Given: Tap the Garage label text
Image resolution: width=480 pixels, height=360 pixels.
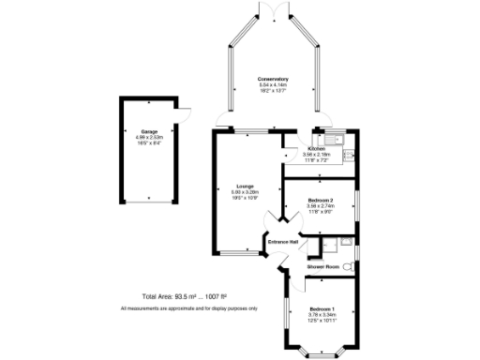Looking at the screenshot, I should tap(149, 131).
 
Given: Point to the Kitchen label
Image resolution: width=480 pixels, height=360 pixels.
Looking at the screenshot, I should tap(316, 148).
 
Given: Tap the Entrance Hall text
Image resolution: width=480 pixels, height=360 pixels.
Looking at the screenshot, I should tap(283, 242).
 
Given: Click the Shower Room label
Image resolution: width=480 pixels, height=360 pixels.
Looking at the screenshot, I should tap(322, 266).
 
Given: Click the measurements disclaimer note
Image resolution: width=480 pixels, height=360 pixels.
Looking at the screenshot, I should tap(188, 308).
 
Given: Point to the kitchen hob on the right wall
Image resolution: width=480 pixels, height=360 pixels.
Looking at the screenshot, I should tap(347, 156).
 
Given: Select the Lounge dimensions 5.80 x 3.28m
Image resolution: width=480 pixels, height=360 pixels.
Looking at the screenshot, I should tap(246, 192).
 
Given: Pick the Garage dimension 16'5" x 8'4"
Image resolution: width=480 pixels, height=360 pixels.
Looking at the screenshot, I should tap(149, 143).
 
